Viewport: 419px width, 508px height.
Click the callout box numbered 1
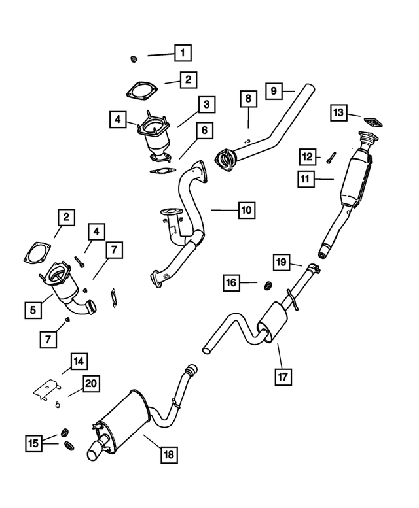click(183, 52)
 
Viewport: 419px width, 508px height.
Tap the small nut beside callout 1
click(134, 59)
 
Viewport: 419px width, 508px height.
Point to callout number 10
click(246, 211)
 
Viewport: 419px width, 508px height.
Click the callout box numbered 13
click(338, 113)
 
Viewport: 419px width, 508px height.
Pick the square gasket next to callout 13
click(373, 122)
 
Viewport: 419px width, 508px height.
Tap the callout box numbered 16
click(231, 282)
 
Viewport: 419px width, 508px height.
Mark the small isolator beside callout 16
click(268, 285)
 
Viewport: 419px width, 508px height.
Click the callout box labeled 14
click(79, 361)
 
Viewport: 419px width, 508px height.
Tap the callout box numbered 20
click(92, 384)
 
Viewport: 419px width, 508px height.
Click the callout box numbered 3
click(206, 104)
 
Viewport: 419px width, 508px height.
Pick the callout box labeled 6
click(204, 131)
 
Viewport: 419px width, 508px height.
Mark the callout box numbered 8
click(248, 100)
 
